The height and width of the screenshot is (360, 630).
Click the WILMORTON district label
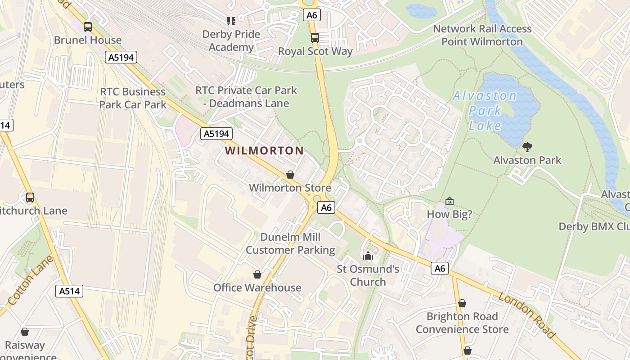pos(264,151)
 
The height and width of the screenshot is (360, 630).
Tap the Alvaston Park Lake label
pos(485,110)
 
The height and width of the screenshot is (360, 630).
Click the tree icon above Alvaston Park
pos(527,147)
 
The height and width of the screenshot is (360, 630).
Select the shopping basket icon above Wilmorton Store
pos(290,175)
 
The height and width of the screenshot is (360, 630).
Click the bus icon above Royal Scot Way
pos(315,38)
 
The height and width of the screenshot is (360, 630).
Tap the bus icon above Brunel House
pos(88,27)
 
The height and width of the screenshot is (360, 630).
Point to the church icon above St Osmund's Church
pos(368,256)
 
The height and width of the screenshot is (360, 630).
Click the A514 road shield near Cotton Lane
pos(70,291)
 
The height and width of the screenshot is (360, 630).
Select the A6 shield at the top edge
pos(311,15)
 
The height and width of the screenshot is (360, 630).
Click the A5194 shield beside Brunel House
pos(121,57)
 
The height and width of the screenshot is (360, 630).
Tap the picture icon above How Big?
pos(449,201)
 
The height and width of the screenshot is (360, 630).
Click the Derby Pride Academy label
pos(231,40)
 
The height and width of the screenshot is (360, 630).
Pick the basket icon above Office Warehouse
pos(257,274)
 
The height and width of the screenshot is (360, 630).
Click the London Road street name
pos(526,315)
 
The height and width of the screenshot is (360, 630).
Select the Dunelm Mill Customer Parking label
pos(290,243)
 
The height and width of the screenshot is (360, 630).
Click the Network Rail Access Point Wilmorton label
pos(482,35)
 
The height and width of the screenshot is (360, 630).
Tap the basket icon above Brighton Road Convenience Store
pos(462,304)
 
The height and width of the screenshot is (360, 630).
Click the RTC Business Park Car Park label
pos(133,98)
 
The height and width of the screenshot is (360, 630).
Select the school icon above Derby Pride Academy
pos(231,21)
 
